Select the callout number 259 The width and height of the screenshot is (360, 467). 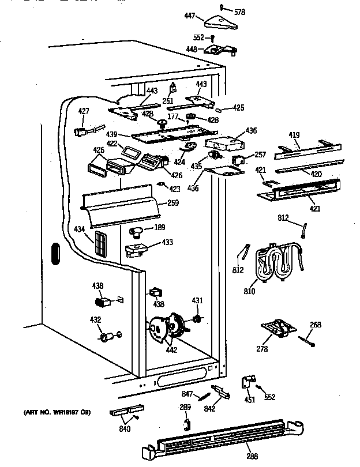click(x=172, y=202)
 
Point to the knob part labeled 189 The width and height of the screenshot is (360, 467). click(x=137, y=232)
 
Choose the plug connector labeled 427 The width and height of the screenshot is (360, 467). click(x=84, y=131)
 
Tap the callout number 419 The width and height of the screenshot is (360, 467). click(x=294, y=135)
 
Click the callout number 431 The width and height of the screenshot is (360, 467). click(x=197, y=300)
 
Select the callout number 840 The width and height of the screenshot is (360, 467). click(x=125, y=429)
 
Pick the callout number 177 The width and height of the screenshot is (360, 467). click(x=171, y=116)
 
